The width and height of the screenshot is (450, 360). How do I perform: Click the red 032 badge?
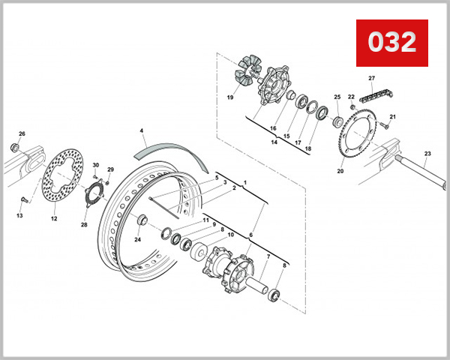(391, 43)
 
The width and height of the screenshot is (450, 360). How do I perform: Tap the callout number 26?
(22, 134)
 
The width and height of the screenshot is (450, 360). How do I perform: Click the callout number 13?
(19, 216)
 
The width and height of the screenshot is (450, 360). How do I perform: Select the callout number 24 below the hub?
(137, 240)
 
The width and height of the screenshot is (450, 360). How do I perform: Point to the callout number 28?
(84, 224)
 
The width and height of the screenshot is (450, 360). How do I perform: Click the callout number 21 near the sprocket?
(391, 117)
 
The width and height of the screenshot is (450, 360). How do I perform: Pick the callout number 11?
(205, 219)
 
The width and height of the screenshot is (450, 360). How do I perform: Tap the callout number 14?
(275, 142)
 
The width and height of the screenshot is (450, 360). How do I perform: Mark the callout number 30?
(96, 165)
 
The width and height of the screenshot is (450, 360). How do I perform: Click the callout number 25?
(337, 97)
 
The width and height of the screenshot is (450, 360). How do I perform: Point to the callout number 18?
(307, 148)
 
